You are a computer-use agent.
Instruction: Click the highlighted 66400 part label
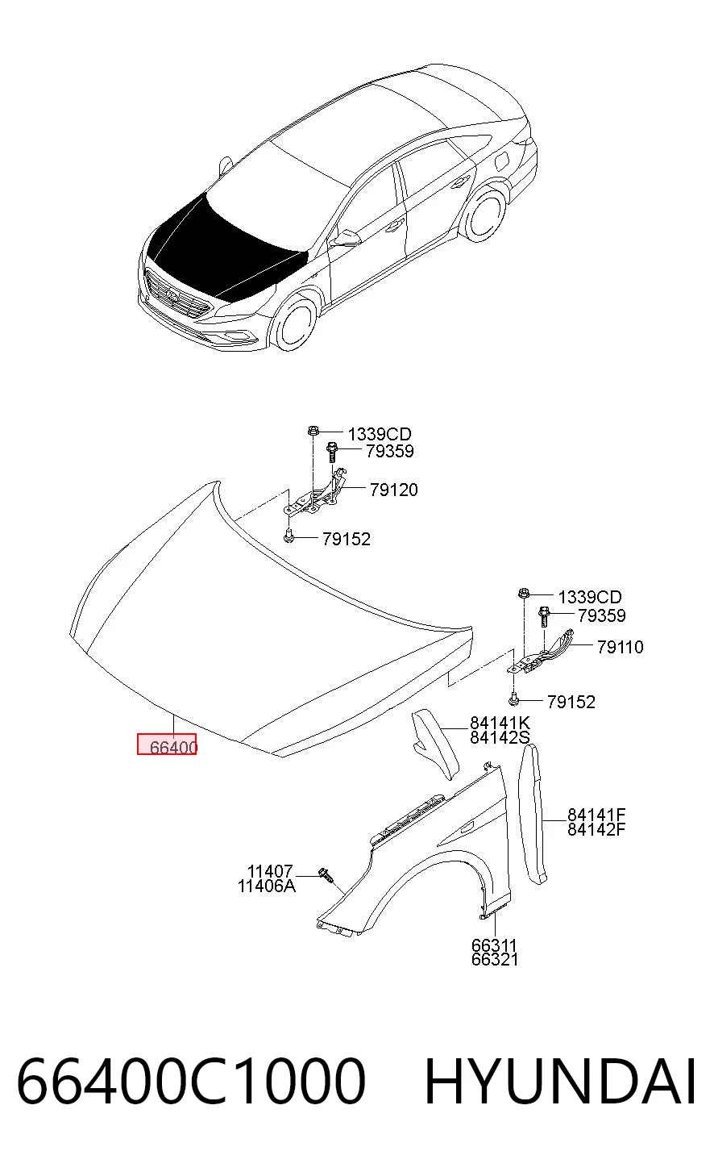pyautogui.click(x=173, y=747)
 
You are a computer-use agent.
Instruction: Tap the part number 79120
pyautogui.click(x=393, y=490)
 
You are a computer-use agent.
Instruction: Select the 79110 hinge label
pyautogui.click(x=620, y=647)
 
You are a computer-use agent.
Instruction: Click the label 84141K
pyautogui.click(x=500, y=723)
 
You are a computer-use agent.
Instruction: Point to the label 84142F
pyautogui.click(x=596, y=828)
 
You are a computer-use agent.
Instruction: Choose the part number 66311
pyautogui.click(x=494, y=945)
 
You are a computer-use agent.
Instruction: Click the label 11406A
pyautogui.click(x=266, y=886)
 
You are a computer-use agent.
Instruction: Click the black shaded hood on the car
pyautogui.click(x=225, y=245)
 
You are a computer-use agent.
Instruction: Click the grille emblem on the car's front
pyautogui.click(x=173, y=297)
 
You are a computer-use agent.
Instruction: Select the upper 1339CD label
pyautogui.click(x=380, y=434)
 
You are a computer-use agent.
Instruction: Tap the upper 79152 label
pyautogui.click(x=346, y=538)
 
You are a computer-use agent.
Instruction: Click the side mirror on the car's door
pyautogui.click(x=345, y=239)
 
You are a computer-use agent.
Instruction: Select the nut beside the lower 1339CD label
pyautogui.click(x=523, y=594)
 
